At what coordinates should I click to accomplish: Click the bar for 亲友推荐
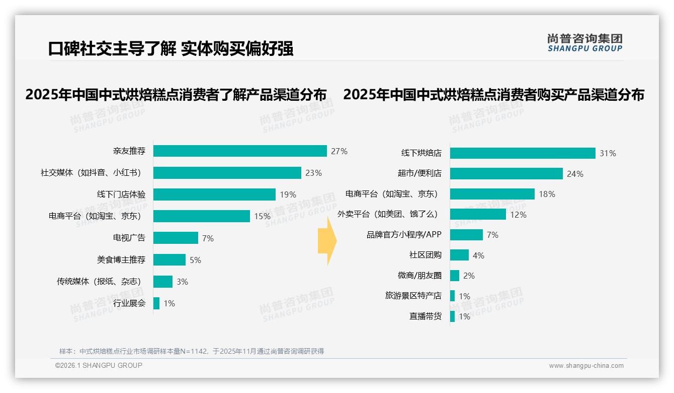point(240,151)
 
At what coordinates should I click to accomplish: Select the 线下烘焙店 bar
point(523,153)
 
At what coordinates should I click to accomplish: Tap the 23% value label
point(313,173)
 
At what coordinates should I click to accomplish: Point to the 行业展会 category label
point(129,303)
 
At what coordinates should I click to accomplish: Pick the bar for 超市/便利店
point(506,174)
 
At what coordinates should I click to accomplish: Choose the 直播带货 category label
point(425,316)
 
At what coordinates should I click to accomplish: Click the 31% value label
point(608,153)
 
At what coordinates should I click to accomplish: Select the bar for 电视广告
point(176,238)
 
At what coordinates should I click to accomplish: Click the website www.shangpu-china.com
point(586,366)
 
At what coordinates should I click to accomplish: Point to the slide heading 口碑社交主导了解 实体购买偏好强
point(171,49)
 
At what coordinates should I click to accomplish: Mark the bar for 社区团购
point(459,255)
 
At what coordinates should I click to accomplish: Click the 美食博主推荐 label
point(121,260)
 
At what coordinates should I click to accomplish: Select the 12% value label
point(518,215)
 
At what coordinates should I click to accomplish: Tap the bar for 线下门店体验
point(214,194)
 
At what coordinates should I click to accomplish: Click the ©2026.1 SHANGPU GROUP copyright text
point(99,365)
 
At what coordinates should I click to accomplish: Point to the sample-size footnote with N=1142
point(192,351)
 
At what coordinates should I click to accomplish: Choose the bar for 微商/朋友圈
point(455,276)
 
